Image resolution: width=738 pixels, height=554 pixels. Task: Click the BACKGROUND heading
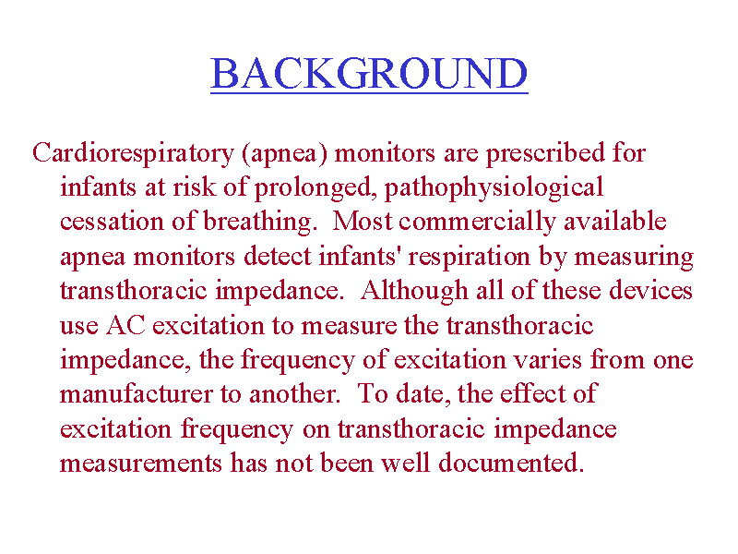tap(369, 74)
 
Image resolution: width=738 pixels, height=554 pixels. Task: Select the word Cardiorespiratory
tap(133, 154)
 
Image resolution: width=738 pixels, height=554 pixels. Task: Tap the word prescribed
tap(545, 154)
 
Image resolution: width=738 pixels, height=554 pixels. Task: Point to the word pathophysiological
tap(494, 188)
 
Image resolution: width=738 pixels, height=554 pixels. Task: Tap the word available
tap(615, 222)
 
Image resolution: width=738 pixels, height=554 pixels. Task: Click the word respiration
tap(469, 258)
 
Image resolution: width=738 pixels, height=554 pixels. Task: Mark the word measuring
tap(634, 258)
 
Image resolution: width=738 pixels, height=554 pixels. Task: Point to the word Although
tap(414, 292)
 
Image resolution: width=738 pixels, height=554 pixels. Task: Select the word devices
tap(650, 290)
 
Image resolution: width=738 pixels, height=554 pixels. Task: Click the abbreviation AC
tap(125, 326)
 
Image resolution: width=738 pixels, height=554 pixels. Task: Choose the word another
tap(294, 394)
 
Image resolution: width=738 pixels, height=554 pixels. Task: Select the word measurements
tap(141, 464)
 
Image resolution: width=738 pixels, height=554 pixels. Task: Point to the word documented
tap(511, 463)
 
